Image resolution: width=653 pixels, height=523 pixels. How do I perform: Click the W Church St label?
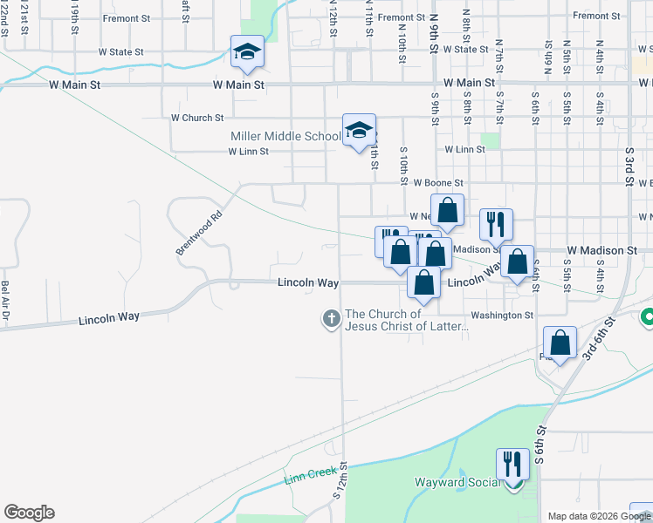[x=197, y=118]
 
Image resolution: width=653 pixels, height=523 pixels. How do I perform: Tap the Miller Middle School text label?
[x=285, y=136]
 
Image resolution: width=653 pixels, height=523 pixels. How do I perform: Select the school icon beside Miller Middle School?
[x=359, y=131]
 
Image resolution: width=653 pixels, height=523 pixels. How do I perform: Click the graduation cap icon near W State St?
[x=247, y=51]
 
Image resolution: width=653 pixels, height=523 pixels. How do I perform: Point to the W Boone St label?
[x=437, y=183]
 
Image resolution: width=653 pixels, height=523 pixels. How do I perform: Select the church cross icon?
[x=331, y=320]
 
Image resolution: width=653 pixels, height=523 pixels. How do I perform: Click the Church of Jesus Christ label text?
[x=408, y=321]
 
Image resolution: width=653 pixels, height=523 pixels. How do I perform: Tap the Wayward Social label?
[x=457, y=482]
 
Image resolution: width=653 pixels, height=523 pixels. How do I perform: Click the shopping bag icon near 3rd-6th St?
[x=560, y=343]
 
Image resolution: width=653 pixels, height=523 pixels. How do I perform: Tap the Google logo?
[x=29, y=513]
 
